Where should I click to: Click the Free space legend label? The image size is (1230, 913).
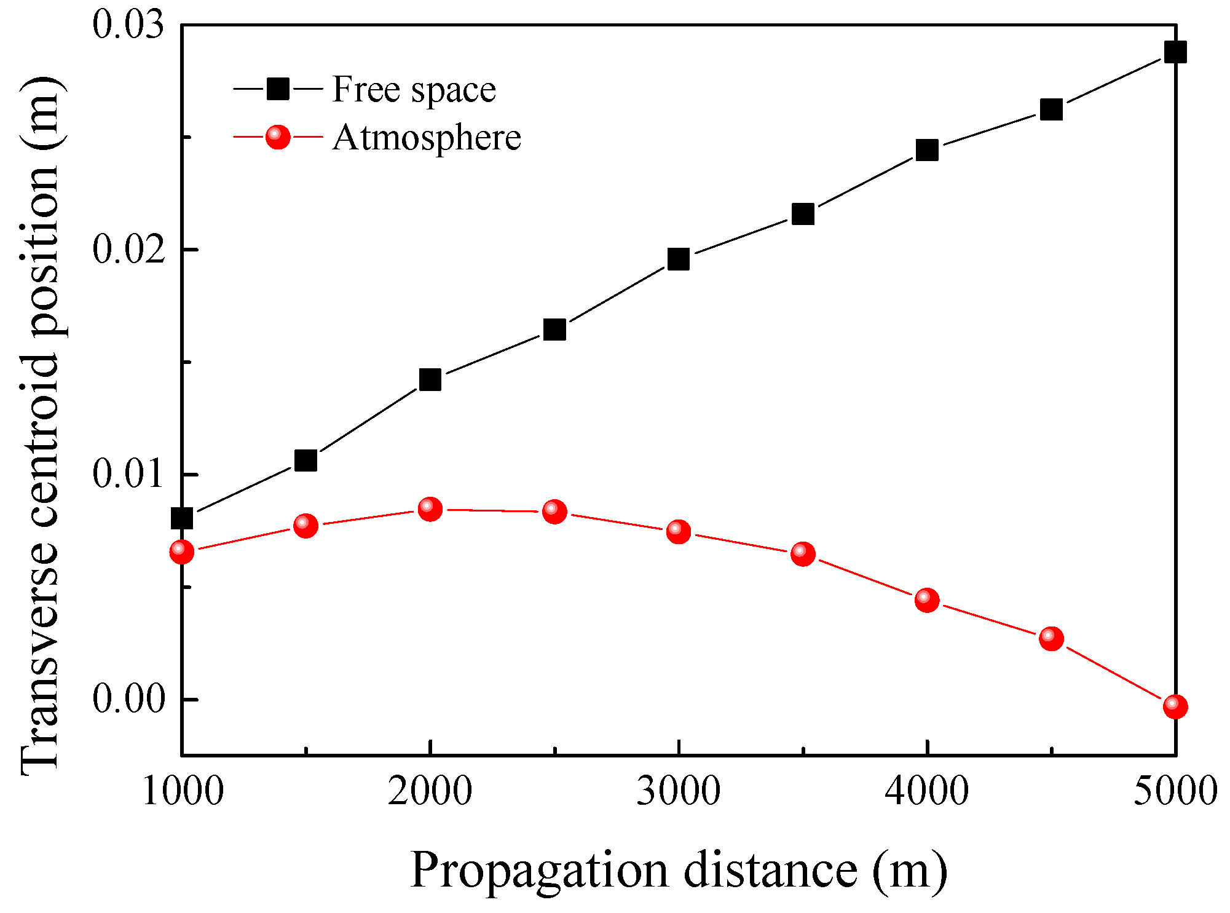(x=414, y=90)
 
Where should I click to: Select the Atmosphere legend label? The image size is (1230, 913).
(x=427, y=137)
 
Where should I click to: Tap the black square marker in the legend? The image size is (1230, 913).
(x=278, y=89)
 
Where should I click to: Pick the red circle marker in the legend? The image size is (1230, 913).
(x=278, y=136)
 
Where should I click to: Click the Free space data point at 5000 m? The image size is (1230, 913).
(x=1175, y=52)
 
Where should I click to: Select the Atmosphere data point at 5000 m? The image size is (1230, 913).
(x=1175, y=706)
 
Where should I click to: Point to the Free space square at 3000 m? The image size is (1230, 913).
(x=678, y=259)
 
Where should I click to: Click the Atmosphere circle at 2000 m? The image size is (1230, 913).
(x=430, y=508)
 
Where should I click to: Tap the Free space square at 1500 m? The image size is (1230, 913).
(x=306, y=460)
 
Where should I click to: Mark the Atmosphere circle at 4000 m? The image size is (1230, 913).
(x=926, y=599)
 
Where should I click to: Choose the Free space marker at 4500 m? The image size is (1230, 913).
(x=1051, y=109)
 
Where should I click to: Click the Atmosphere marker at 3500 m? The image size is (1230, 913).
(x=803, y=553)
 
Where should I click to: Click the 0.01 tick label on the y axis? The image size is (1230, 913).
(x=129, y=475)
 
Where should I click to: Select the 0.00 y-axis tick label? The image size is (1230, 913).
(x=129, y=700)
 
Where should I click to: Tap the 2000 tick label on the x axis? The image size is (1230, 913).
(x=430, y=791)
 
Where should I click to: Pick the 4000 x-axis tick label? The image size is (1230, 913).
(x=926, y=791)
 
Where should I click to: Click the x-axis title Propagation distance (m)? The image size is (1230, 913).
(x=678, y=870)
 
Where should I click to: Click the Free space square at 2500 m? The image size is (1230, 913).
(x=554, y=330)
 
